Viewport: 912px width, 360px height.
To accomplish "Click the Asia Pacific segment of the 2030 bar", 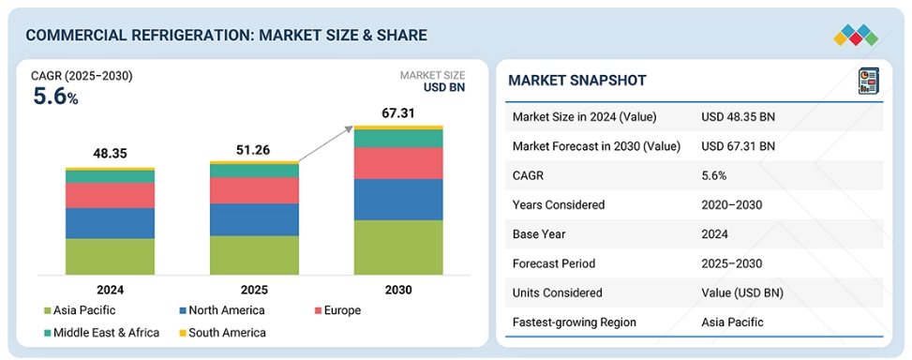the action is click(x=398, y=247).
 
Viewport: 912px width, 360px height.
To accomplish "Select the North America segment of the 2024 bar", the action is click(x=110, y=223).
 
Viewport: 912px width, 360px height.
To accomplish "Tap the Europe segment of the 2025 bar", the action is click(x=254, y=190).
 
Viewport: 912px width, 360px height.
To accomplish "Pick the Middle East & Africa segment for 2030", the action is click(x=398, y=139).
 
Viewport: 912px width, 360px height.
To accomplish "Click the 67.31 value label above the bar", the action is click(x=398, y=112).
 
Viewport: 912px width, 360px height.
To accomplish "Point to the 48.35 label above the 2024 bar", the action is click(x=110, y=154).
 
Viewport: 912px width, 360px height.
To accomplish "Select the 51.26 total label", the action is click(x=254, y=149).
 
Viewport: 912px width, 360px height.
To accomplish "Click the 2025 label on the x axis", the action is click(x=254, y=290).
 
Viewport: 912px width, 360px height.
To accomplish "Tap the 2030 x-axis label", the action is click(x=398, y=290).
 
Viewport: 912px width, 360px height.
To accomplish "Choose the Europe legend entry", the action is click(x=336, y=310).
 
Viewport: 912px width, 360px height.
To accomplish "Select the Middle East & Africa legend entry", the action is click(x=101, y=333).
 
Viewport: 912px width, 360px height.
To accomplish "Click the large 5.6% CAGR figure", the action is click(x=55, y=97).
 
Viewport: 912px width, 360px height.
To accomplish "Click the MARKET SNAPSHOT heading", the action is click(x=577, y=81).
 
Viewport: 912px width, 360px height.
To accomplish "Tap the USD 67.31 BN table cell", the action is click(x=738, y=146).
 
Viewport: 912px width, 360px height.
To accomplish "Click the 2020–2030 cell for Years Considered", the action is click(x=732, y=204).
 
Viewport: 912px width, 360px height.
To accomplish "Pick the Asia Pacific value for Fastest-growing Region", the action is click(x=732, y=322).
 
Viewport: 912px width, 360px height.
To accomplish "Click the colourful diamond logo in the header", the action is click(x=856, y=35).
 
